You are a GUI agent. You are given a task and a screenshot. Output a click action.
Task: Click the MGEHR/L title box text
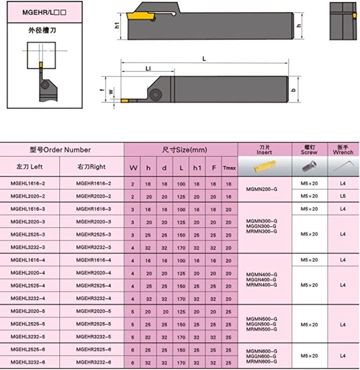coord(44,12)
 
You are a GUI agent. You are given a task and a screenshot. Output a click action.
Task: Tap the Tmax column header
coord(229,168)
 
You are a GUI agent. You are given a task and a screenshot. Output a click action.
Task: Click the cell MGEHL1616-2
coord(28,183)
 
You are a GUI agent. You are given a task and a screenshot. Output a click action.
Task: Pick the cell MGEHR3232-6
coord(93,362)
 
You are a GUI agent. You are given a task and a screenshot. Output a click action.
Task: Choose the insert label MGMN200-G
coord(261,189)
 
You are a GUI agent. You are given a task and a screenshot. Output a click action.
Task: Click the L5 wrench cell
coord(343,196)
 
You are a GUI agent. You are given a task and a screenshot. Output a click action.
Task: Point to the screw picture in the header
coord(309,166)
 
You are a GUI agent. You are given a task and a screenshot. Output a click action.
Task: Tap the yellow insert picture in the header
coord(264,166)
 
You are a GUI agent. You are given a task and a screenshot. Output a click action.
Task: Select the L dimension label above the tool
coord(204,59)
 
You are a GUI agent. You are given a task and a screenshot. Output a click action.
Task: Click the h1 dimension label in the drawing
coord(117,26)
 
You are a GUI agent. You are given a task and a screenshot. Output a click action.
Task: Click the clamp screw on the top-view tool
coord(155,94)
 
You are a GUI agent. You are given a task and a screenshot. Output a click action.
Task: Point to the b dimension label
coord(293,90)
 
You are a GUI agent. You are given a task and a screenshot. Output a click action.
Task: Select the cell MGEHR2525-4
coord(93,286)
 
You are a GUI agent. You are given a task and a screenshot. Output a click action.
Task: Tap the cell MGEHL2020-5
coord(28,311)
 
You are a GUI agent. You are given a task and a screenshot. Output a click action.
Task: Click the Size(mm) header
coord(184,150)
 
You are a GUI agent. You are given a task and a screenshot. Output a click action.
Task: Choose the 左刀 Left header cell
coord(29,167)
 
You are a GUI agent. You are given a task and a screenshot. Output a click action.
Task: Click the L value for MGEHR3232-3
coord(181,248)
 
